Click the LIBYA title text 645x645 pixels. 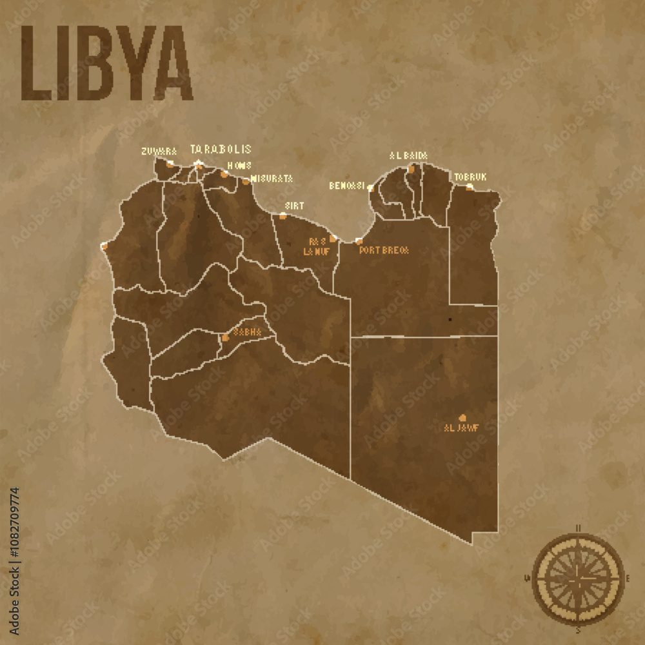coord(107,63)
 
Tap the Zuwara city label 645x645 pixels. coord(159,152)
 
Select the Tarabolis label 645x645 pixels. coord(221,149)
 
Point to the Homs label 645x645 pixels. coord(239,166)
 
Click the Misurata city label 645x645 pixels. coord(272,178)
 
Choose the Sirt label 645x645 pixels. coord(294,206)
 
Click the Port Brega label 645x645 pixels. coord(384,250)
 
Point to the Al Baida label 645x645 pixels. coord(408,155)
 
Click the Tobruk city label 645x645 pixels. coord(470,177)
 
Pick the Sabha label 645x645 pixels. coord(248,332)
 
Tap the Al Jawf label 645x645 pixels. coord(461,428)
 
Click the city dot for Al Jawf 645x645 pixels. coord(462,417)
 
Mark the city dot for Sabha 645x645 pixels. coord(224,337)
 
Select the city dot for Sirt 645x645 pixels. coord(283,215)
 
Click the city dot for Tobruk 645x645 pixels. coord(470,186)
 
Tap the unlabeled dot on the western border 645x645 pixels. coord(104,246)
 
